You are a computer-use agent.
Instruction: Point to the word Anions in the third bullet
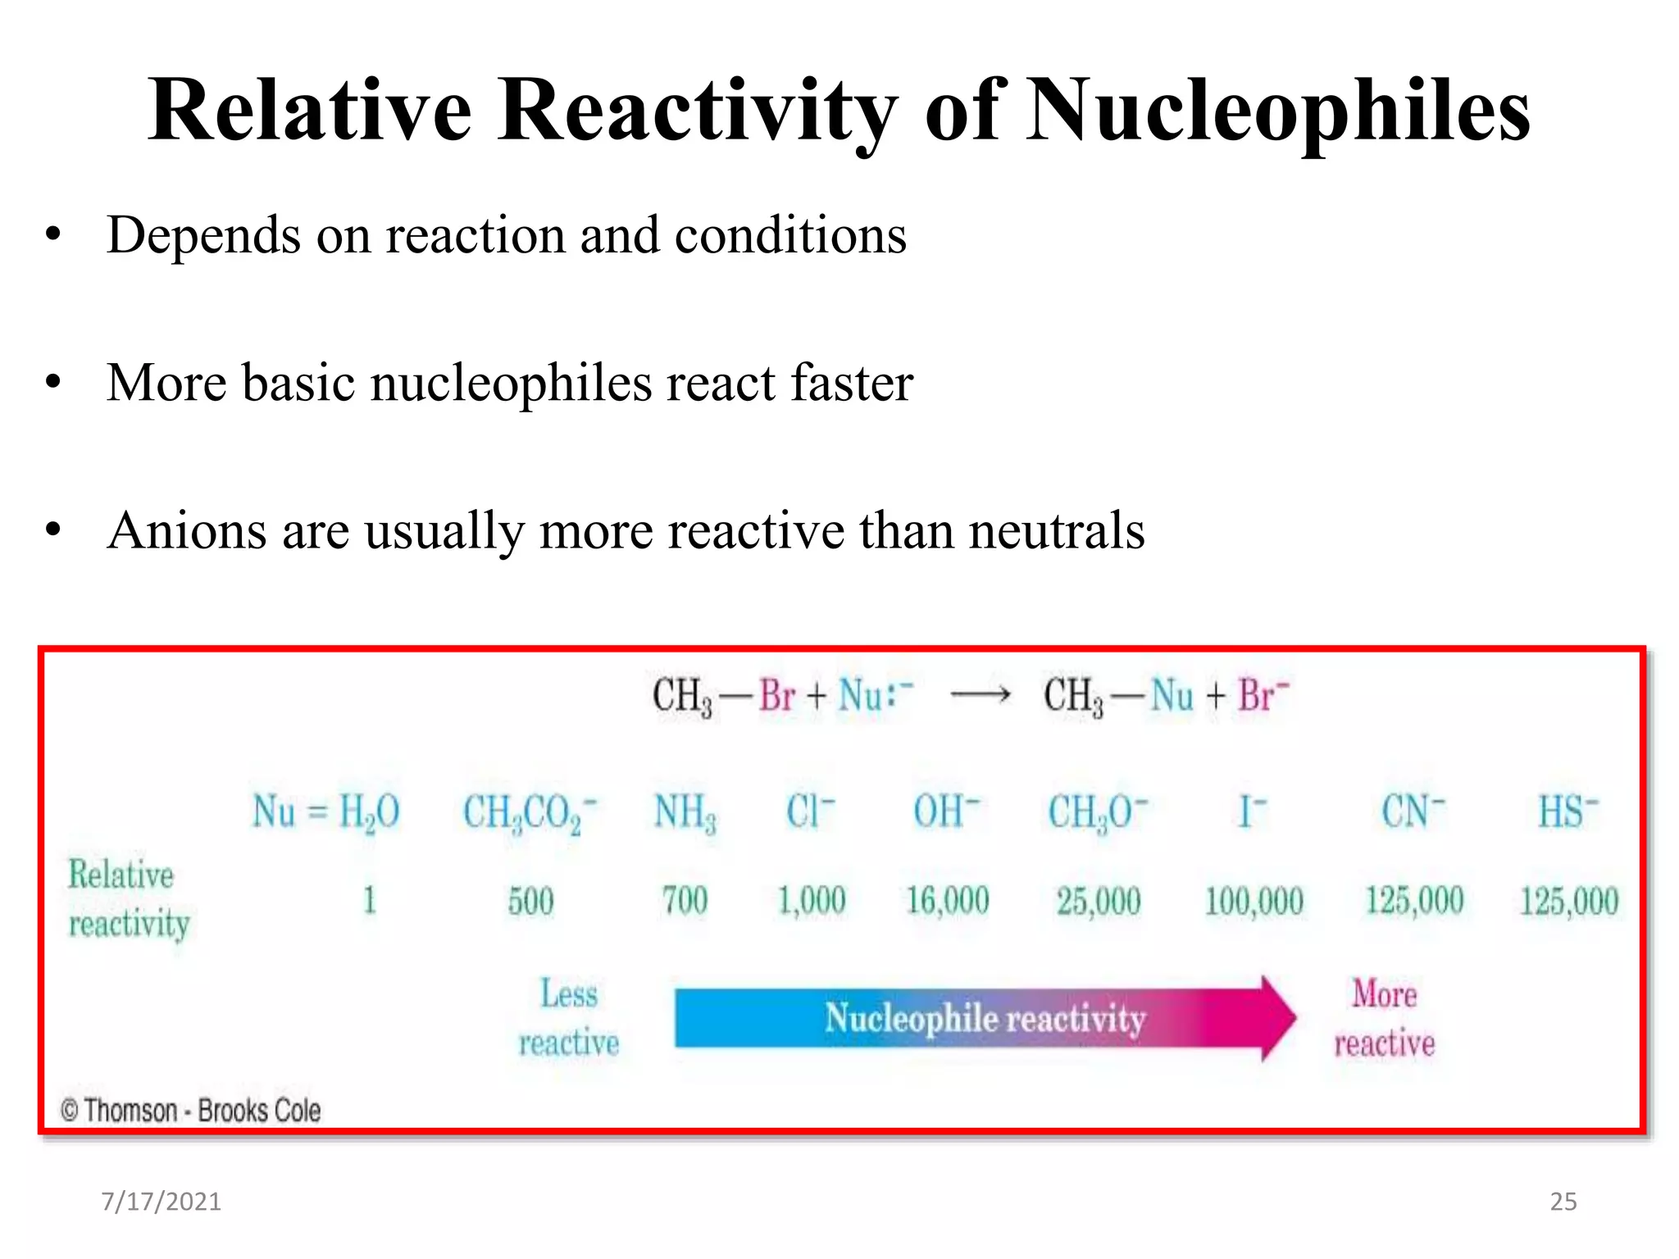point(187,530)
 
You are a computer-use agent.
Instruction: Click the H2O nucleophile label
point(369,812)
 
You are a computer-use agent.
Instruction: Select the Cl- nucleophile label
point(810,811)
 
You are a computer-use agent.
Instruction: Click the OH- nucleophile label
point(946,811)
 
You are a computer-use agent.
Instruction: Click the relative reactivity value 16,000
point(947,901)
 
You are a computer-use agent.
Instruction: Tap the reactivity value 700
point(685,901)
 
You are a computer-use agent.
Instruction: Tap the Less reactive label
point(569,1018)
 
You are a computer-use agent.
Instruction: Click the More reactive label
point(1385,1018)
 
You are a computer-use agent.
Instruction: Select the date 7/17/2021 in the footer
point(161,1202)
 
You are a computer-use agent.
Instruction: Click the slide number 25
point(1563,1202)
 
